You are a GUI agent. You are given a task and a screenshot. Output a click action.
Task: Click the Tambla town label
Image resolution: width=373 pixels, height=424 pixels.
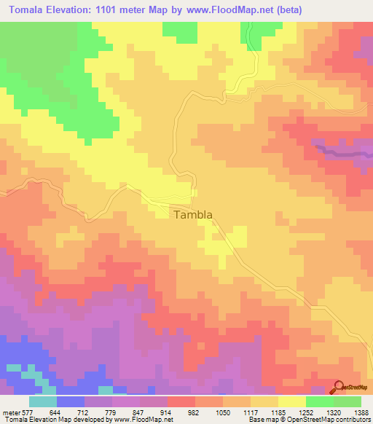click(193, 215)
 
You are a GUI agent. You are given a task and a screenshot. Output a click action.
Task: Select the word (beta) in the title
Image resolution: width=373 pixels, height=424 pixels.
click(282, 10)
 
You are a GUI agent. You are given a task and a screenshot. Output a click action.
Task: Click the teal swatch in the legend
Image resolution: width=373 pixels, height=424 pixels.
click(43, 401)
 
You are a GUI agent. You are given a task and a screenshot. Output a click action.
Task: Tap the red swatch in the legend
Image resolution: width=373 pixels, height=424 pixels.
click(181, 401)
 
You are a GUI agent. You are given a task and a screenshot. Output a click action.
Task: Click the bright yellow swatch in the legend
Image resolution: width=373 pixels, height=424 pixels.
click(292, 401)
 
